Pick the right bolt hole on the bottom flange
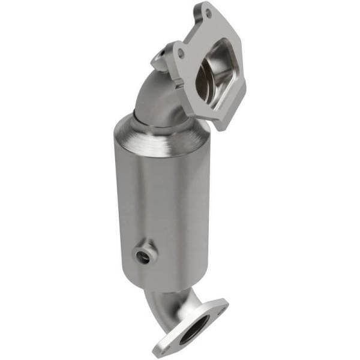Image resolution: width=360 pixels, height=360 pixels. coord(220,307)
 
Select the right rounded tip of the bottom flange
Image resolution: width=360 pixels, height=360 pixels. coord(224,303)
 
